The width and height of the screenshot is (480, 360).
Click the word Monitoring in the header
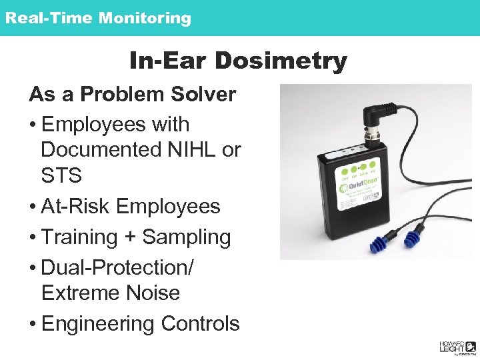(144, 18)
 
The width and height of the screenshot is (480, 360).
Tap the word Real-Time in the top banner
(49, 18)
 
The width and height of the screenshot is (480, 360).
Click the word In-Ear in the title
(170, 61)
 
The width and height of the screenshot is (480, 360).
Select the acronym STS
(61, 176)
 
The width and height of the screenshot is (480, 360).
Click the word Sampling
(187, 237)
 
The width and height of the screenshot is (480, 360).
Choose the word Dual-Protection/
(117, 267)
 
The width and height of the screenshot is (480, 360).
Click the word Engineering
(97, 324)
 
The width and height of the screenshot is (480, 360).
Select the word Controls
(199, 324)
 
